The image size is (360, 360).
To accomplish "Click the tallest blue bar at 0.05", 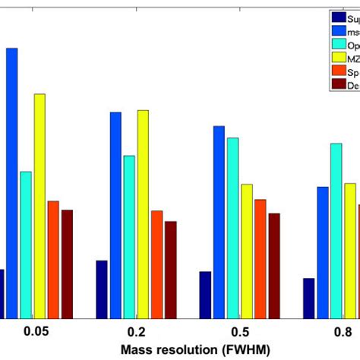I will point(12,182).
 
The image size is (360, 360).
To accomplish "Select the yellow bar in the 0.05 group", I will point(39,205).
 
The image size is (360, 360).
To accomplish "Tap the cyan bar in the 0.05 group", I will point(26,244).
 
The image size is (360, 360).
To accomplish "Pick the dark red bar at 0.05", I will point(67,263).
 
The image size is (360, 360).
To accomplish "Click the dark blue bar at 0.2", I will point(102,289).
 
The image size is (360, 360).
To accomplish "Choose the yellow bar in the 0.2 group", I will point(143,213).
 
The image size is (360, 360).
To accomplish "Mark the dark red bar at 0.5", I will point(273,265).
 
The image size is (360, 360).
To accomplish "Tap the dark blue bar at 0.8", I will point(308,298).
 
